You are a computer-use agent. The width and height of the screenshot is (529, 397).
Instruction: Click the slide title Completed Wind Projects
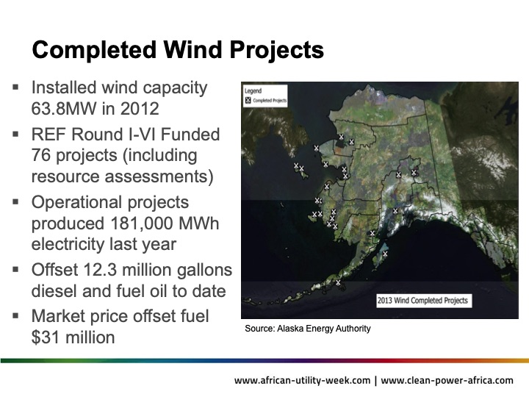(x=177, y=50)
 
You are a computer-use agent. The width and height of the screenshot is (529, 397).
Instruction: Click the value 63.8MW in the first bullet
(x=61, y=111)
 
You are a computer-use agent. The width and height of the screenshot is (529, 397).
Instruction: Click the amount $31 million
(x=73, y=337)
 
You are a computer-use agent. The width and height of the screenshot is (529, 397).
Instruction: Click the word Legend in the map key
(x=254, y=90)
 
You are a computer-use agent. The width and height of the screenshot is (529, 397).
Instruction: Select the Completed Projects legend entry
(x=266, y=99)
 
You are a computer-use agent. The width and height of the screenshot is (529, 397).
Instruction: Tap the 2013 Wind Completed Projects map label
(x=422, y=300)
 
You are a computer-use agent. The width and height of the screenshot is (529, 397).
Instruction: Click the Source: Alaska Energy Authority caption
(x=308, y=329)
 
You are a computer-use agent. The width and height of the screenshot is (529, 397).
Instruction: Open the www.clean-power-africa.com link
(x=447, y=380)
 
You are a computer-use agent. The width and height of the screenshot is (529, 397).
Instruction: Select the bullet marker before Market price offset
(x=16, y=316)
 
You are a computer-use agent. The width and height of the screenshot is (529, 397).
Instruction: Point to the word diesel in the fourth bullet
(x=54, y=292)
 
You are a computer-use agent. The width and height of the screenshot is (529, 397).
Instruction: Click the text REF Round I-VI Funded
(x=125, y=134)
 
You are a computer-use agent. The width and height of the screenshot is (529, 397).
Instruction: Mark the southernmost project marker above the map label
(x=338, y=282)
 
